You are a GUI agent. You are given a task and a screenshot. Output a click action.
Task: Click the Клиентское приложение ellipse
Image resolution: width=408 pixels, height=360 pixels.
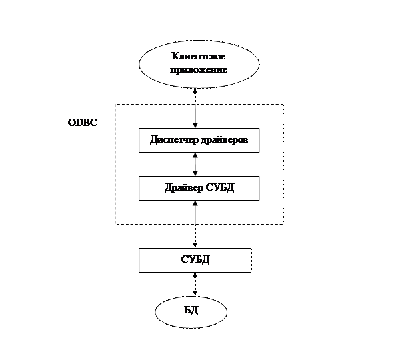199,63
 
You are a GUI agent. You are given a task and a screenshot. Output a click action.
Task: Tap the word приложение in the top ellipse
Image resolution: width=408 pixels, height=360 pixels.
199,69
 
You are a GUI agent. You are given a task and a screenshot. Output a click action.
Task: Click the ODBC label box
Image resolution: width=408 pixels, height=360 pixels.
83,123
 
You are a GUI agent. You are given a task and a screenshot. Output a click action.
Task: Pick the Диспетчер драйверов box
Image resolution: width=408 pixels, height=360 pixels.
199,141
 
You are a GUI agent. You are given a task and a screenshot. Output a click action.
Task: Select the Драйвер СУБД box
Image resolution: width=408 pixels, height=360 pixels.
199,188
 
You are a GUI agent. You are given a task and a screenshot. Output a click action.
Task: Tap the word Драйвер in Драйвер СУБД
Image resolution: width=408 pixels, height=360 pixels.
183,188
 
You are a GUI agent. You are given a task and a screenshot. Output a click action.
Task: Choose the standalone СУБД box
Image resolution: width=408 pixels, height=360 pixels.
195,260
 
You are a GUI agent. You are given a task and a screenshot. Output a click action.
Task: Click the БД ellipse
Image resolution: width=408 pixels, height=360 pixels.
191,312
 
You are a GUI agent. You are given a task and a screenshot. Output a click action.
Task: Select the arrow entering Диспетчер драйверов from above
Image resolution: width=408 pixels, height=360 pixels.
195,116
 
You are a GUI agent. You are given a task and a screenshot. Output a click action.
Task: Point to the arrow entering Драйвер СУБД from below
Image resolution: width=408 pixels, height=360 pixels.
195,212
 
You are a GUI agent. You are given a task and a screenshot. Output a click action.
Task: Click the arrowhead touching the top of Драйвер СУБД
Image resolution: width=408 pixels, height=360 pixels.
195,173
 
